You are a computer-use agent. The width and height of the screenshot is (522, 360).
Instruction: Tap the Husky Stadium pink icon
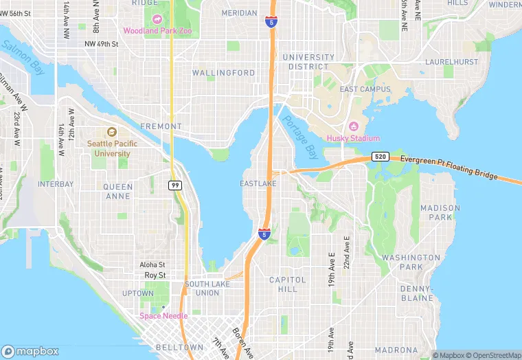[x=354, y=126]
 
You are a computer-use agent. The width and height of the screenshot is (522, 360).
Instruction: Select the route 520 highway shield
[x=380, y=157]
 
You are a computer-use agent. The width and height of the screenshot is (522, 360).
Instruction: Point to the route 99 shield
[x=174, y=185]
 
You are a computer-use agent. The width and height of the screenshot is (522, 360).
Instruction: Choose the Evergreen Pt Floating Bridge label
[x=449, y=167]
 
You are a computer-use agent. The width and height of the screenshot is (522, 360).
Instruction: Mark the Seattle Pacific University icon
[x=112, y=133]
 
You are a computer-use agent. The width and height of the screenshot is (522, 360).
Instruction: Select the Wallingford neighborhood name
[x=223, y=73]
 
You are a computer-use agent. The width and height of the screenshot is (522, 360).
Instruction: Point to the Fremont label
[x=161, y=126]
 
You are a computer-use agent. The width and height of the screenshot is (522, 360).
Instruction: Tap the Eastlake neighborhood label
[x=258, y=183]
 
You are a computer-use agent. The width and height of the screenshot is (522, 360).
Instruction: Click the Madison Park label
[x=440, y=212]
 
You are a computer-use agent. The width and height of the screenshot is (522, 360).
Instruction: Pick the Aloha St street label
[x=152, y=265]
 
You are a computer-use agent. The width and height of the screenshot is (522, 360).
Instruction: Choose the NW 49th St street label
[x=102, y=44]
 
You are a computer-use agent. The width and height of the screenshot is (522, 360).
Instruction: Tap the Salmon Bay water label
[x=23, y=57]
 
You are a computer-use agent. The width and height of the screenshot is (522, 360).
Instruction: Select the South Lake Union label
[x=202, y=289]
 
